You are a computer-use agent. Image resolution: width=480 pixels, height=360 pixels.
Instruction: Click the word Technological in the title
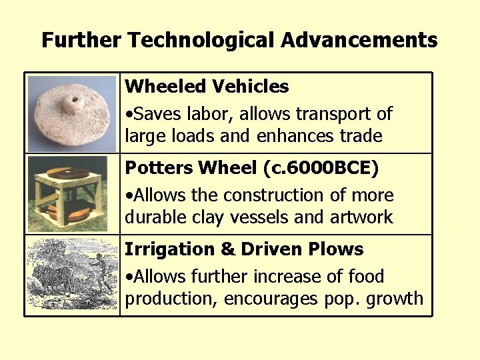201,40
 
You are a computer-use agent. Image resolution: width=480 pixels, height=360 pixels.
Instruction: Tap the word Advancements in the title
359,40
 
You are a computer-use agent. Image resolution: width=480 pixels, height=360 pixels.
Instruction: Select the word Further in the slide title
81,40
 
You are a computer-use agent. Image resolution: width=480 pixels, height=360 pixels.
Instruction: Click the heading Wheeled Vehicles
207,87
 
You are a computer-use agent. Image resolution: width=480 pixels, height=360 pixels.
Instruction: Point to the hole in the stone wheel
73,99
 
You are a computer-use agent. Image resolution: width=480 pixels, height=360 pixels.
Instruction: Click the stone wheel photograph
72,113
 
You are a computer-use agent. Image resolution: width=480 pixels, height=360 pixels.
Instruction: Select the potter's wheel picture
68,193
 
